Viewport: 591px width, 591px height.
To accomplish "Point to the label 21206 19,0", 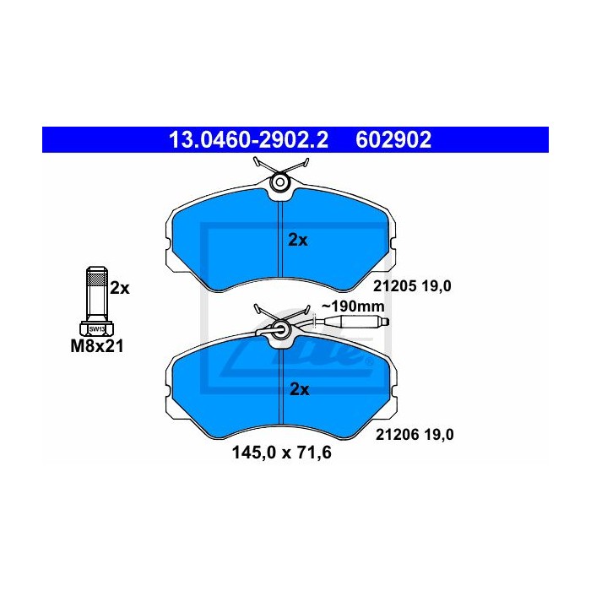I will tap(414, 435).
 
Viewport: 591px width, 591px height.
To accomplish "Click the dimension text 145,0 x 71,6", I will tap(281, 453).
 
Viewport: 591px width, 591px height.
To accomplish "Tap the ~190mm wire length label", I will tap(353, 306).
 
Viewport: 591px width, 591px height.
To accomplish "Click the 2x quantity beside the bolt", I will tap(120, 288).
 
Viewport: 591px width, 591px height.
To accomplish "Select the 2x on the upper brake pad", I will tap(298, 240).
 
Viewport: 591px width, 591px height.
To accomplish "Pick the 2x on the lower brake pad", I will tap(299, 389).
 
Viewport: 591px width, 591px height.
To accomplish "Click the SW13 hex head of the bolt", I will tap(96, 328).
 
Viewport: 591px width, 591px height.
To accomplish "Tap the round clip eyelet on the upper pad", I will tap(279, 182).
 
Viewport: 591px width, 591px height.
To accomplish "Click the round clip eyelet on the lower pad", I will tap(279, 330).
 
